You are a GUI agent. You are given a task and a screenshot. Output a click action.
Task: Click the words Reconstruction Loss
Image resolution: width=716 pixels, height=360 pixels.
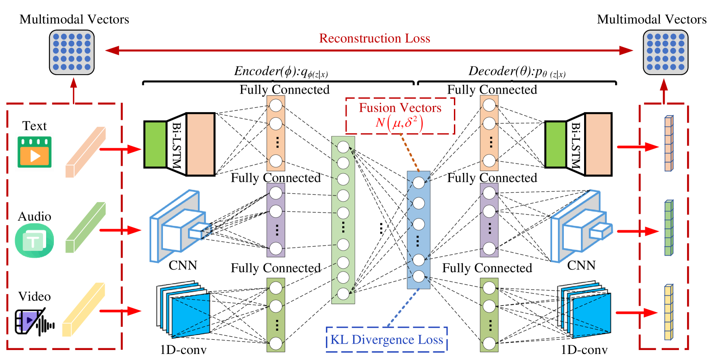tap(375, 38)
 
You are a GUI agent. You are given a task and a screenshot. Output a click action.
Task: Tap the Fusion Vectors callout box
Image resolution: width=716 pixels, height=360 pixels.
tap(400, 116)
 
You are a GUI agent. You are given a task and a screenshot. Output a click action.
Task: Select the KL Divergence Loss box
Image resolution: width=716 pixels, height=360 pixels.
tap(387, 339)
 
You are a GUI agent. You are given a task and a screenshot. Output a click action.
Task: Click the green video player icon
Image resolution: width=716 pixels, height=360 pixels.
tap(34, 152)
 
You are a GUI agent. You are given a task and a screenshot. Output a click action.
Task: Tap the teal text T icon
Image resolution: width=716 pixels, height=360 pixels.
tap(34, 241)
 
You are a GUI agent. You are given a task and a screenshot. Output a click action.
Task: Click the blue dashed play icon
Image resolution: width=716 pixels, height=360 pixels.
tap(29, 321)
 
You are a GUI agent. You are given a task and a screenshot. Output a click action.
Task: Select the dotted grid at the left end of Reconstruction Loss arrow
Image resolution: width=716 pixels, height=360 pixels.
tap(72, 52)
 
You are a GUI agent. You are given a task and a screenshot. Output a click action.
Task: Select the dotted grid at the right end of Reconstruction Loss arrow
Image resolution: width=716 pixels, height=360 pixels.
tap(665, 52)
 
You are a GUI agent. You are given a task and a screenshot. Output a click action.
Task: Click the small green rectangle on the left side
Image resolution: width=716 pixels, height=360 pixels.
tap(155, 144)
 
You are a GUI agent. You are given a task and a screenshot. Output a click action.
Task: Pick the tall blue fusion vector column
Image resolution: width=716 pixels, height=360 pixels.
tap(419, 230)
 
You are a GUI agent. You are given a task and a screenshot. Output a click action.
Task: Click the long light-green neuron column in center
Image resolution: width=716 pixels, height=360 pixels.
tap(343, 220)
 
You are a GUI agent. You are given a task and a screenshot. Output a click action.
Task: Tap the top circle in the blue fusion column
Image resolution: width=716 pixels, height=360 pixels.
tap(419, 183)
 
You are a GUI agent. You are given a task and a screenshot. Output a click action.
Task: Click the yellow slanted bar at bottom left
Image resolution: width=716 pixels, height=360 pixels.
tap(84, 310)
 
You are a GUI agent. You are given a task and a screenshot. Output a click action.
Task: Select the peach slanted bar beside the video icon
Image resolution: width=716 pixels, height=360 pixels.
tap(85, 152)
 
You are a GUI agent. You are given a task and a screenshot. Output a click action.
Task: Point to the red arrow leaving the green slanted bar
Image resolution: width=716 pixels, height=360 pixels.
tap(120, 230)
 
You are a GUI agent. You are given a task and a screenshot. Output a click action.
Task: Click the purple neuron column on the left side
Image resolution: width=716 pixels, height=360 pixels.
tap(276, 220)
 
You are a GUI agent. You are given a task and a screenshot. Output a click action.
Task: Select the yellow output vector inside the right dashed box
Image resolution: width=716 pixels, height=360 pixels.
tap(669, 312)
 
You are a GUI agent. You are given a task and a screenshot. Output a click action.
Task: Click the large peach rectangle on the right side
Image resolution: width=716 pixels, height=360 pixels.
tap(598, 144)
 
